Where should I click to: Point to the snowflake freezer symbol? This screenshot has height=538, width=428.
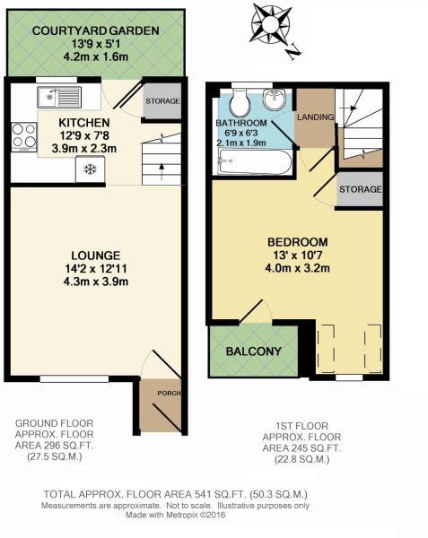click(x=89, y=169)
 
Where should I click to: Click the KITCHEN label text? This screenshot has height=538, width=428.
click(x=83, y=123)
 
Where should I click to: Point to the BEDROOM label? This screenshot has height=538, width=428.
click(x=297, y=242)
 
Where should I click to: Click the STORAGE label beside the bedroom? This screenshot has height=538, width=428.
click(x=360, y=189)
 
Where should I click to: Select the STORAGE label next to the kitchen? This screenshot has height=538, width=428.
click(x=162, y=101)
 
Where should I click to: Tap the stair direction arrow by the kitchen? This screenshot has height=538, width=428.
click(x=160, y=170)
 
